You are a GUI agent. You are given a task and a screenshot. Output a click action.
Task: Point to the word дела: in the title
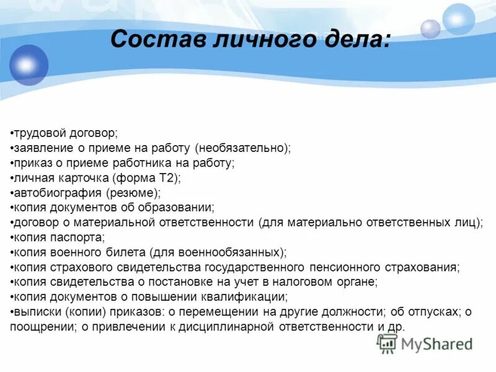tap(352, 40)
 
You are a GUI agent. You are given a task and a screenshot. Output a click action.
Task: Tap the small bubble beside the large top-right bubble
tap(430, 29)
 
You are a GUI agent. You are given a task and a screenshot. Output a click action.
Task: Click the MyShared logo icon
tap(387, 343)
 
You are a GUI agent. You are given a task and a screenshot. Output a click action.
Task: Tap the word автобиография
tap(56, 193)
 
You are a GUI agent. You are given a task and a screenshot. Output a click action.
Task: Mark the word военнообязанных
tap(245, 252)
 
